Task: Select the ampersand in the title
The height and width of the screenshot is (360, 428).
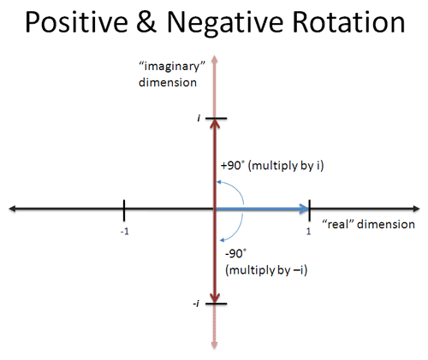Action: pos(152,22)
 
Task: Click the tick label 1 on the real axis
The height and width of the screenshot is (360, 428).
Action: pos(307,231)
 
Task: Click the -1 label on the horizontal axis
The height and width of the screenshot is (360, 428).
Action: pos(125,232)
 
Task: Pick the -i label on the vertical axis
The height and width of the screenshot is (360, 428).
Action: pos(197,304)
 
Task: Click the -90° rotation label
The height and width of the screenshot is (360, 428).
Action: pos(237,254)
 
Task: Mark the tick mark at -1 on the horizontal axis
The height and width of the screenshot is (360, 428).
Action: pos(125,208)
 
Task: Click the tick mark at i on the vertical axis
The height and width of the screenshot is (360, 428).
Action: pos(214,118)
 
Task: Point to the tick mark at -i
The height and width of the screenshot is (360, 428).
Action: pos(214,304)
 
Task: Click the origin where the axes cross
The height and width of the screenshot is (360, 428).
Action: pos(214,208)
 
